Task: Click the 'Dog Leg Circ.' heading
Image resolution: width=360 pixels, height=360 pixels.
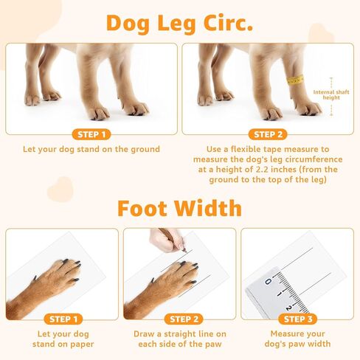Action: pyautogui.click(x=179, y=22)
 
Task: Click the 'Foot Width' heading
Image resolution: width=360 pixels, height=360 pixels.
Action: pyautogui.click(x=179, y=207)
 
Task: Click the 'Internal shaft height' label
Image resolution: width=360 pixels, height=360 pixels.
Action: pyautogui.click(x=331, y=95)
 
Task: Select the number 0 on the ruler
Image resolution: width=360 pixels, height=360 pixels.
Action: pyautogui.click(x=269, y=281)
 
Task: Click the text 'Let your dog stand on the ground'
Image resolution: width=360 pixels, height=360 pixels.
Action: pyautogui.click(x=92, y=150)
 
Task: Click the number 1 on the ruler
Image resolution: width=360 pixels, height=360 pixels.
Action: pyautogui.click(x=279, y=293)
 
